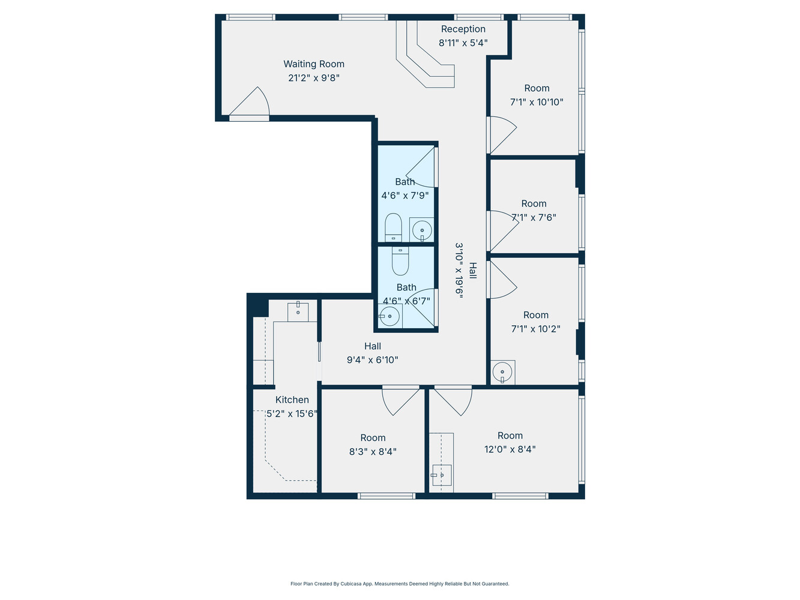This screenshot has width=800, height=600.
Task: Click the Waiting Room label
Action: coord(314,64)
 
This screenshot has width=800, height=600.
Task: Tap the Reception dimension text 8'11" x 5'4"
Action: coord(463,43)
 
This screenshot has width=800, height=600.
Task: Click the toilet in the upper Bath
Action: coord(393,227)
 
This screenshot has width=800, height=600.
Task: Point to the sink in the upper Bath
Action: coord(422,230)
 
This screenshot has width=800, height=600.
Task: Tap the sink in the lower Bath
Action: coord(389,316)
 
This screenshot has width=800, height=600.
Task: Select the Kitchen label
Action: coord(292,400)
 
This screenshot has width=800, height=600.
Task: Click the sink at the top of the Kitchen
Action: coord(298,312)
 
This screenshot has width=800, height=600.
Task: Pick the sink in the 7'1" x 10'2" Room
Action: coord(502,372)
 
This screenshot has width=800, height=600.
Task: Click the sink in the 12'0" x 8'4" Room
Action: coord(442,475)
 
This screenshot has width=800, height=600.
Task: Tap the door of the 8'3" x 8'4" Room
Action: coord(400,401)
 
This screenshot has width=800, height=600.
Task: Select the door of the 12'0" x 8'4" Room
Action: coord(454,401)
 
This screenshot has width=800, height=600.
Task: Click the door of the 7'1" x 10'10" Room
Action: coord(502,134)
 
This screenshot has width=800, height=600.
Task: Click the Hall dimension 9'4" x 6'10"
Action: coord(372,360)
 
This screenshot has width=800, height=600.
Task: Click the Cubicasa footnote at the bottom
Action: coord(400,584)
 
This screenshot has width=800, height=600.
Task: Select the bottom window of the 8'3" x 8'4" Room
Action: coord(386,496)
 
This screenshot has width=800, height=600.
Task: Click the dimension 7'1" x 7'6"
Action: coord(534,217)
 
